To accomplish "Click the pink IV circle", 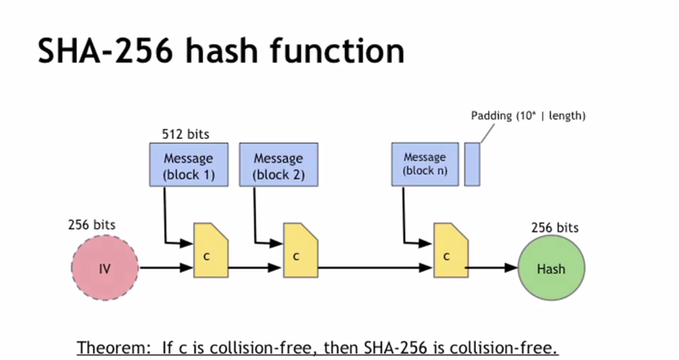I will pyautogui.click(x=105, y=268).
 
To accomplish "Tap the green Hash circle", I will pyautogui.click(x=551, y=268).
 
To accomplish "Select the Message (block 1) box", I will pyautogui.click(x=189, y=165).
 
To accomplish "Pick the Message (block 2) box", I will pyautogui.click(x=279, y=165).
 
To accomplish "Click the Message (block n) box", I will pyautogui.click(x=425, y=165).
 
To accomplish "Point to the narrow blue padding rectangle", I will pyautogui.click(x=472, y=165).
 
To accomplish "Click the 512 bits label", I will pyautogui.click(x=185, y=134).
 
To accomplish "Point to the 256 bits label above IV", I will pyautogui.click(x=92, y=225).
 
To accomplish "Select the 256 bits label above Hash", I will pyautogui.click(x=555, y=228).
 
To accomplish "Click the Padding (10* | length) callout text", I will pyautogui.click(x=528, y=116).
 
